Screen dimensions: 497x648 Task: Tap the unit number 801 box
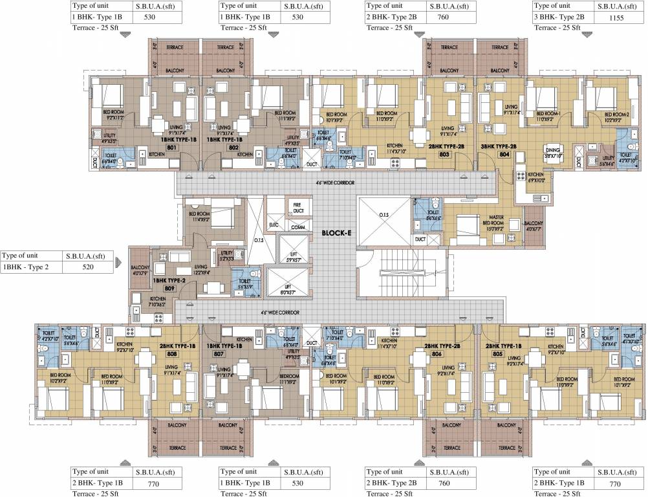pyautogui.click(x=171, y=147)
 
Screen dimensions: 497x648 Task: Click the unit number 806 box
pyautogui.click(x=437, y=354)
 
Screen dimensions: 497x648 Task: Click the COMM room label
pyautogui.click(x=297, y=228)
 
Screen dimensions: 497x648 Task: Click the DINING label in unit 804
pyautogui.click(x=552, y=153)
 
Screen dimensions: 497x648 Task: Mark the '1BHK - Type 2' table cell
pyautogui.click(x=29, y=267)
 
